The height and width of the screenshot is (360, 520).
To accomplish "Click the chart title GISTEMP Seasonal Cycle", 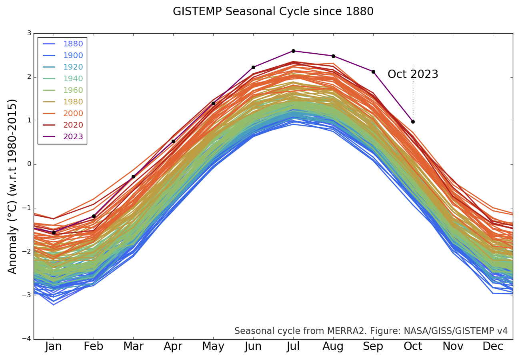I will pyautogui.click(x=273, y=12).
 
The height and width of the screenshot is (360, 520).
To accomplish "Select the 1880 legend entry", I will pyautogui.click(x=73, y=44).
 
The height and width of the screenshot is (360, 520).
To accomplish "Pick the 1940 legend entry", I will pyautogui.click(x=73, y=79).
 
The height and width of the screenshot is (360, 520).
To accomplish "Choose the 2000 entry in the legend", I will pyautogui.click(x=73, y=114).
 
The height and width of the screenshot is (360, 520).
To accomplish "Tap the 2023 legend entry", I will pyautogui.click(x=73, y=137).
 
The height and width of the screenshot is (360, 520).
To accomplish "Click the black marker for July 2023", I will pyautogui.click(x=293, y=51).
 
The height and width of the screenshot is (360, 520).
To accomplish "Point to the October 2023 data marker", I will pyautogui.click(x=413, y=122).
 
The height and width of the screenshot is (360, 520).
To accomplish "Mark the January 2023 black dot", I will pyautogui.click(x=54, y=232).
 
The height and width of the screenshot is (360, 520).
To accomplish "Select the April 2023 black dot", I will pyautogui.click(x=173, y=141).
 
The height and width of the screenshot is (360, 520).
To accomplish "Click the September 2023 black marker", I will pyautogui.click(x=373, y=72).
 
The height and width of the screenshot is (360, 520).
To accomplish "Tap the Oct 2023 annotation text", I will pyautogui.click(x=413, y=74).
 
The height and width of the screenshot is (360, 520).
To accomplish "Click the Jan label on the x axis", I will pyautogui.click(x=54, y=347).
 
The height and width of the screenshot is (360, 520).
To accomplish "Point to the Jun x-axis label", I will pyautogui.click(x=253, y=347).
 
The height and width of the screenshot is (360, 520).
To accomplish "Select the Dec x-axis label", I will pyautogui.click(x=493, y=347).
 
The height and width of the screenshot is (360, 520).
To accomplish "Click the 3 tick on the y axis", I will pyautogui.click(x=29, y=33).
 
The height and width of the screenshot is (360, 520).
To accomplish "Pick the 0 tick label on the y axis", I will pyautogui.click(x=29, y=164).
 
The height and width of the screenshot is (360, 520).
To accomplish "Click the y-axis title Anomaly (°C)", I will pyautogui.click(x=13, y=186).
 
